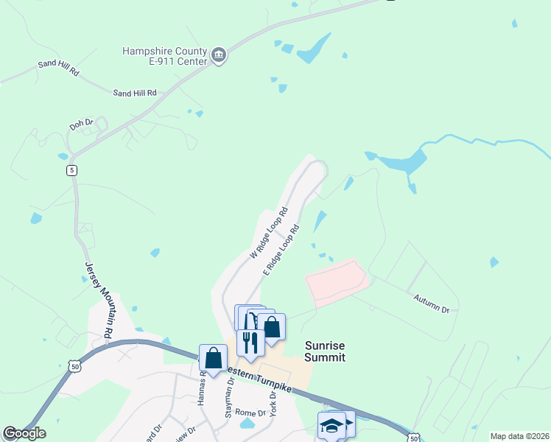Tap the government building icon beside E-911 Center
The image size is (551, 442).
[219, 55]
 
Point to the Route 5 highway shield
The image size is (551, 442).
[71, 170]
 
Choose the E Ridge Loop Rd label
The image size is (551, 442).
[281, 251]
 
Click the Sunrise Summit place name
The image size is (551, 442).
[325, 351]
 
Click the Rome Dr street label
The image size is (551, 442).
[250, 412]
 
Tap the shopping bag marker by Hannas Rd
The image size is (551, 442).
[213, 358]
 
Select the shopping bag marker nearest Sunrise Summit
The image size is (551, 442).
[271, 326]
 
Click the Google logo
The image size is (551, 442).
[24, 433]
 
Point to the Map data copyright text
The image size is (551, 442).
[519, 436]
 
